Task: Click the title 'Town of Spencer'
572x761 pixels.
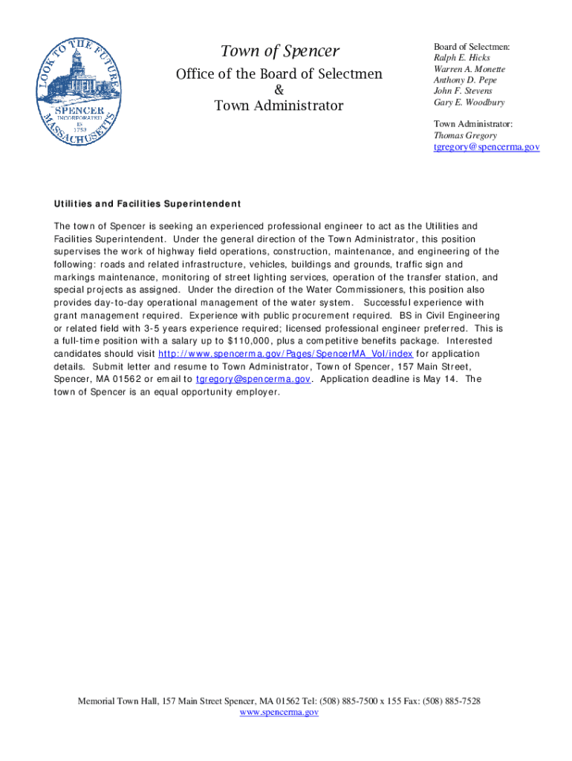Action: [279, 51]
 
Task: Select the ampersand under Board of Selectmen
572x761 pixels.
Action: [279, 90]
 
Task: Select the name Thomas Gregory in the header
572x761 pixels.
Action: [465, 135]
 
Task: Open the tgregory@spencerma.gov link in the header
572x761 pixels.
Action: [487, 147]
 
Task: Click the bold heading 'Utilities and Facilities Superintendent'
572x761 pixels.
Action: [147, 204]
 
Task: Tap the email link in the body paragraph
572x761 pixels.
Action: [253, 379]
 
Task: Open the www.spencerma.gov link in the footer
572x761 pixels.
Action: [279, 712]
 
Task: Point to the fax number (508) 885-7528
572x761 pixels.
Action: [451, 701]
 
